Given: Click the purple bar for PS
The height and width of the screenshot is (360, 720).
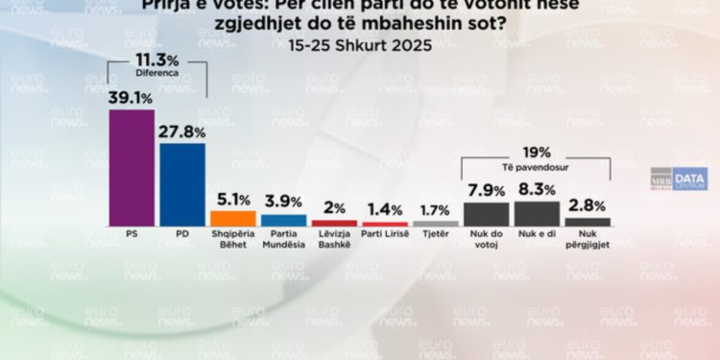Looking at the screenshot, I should tap(132, 167).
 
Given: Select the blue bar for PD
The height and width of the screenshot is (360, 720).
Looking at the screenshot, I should tap(182, 184).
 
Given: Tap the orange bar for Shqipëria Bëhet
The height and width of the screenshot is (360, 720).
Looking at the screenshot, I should tap(233, 218).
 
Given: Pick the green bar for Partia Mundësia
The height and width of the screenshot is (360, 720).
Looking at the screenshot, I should tap(284, 220).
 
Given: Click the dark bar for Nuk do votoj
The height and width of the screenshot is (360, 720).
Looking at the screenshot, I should tap(486, 213).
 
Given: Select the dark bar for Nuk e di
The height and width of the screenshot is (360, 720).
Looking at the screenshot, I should tap(537, 213).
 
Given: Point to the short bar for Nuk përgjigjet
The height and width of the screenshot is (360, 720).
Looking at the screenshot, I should tap(588, 222).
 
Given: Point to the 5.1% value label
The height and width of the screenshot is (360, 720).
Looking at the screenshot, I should tap(233, 199).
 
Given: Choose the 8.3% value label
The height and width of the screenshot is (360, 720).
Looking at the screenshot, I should tap(537, 189).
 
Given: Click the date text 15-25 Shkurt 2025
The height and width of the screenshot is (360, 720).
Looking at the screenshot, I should tap(360, 44).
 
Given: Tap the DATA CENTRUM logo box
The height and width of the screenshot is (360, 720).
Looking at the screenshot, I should tap(689, 180).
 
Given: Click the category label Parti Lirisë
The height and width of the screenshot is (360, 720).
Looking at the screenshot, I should tap(385, 234).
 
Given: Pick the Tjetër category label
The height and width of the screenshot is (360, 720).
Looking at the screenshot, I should tap(436, 234).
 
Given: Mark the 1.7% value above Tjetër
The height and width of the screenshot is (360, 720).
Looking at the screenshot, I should tap(436, 208).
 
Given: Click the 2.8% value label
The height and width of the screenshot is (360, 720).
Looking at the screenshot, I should tap(588, 205).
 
